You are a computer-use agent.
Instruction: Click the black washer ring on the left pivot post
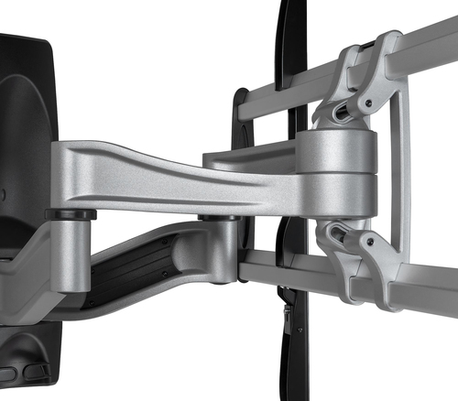pyautogui.click(x=70, y=215)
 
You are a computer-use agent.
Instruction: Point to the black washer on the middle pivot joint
pyautogui.click(x=220, y=218)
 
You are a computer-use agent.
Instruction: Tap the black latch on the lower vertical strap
pyautogui.click(x=289, y=320)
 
